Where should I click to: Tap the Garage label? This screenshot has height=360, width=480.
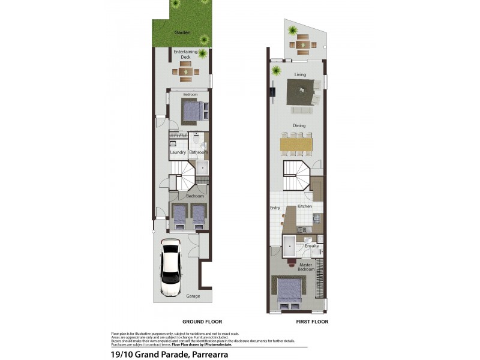coord(193,296)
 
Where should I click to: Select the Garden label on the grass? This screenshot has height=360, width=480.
coord(182,32)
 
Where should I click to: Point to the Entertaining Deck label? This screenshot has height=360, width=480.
coord(185,55)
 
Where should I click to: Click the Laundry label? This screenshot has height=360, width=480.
coord(178,152)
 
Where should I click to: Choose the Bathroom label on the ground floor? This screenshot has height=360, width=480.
coord(199,152)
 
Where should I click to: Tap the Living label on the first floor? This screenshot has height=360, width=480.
coord(300,74)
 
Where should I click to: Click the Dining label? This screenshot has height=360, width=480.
coord(299,125)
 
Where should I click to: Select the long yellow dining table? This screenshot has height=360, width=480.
coord(296,145)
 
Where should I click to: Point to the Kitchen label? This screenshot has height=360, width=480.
coord(305,206)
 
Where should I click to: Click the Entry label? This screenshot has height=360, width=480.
coord(275,208)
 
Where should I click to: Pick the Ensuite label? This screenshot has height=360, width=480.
coord(311,246)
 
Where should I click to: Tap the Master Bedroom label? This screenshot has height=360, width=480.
coord(307,266)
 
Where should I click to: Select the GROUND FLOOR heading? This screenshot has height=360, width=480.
coord(202,322)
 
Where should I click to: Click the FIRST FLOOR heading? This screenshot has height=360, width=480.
coord(311,322)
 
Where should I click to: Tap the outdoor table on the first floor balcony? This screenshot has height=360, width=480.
coord(302,44)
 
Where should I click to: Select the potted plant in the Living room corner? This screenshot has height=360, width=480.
coord(277,71)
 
